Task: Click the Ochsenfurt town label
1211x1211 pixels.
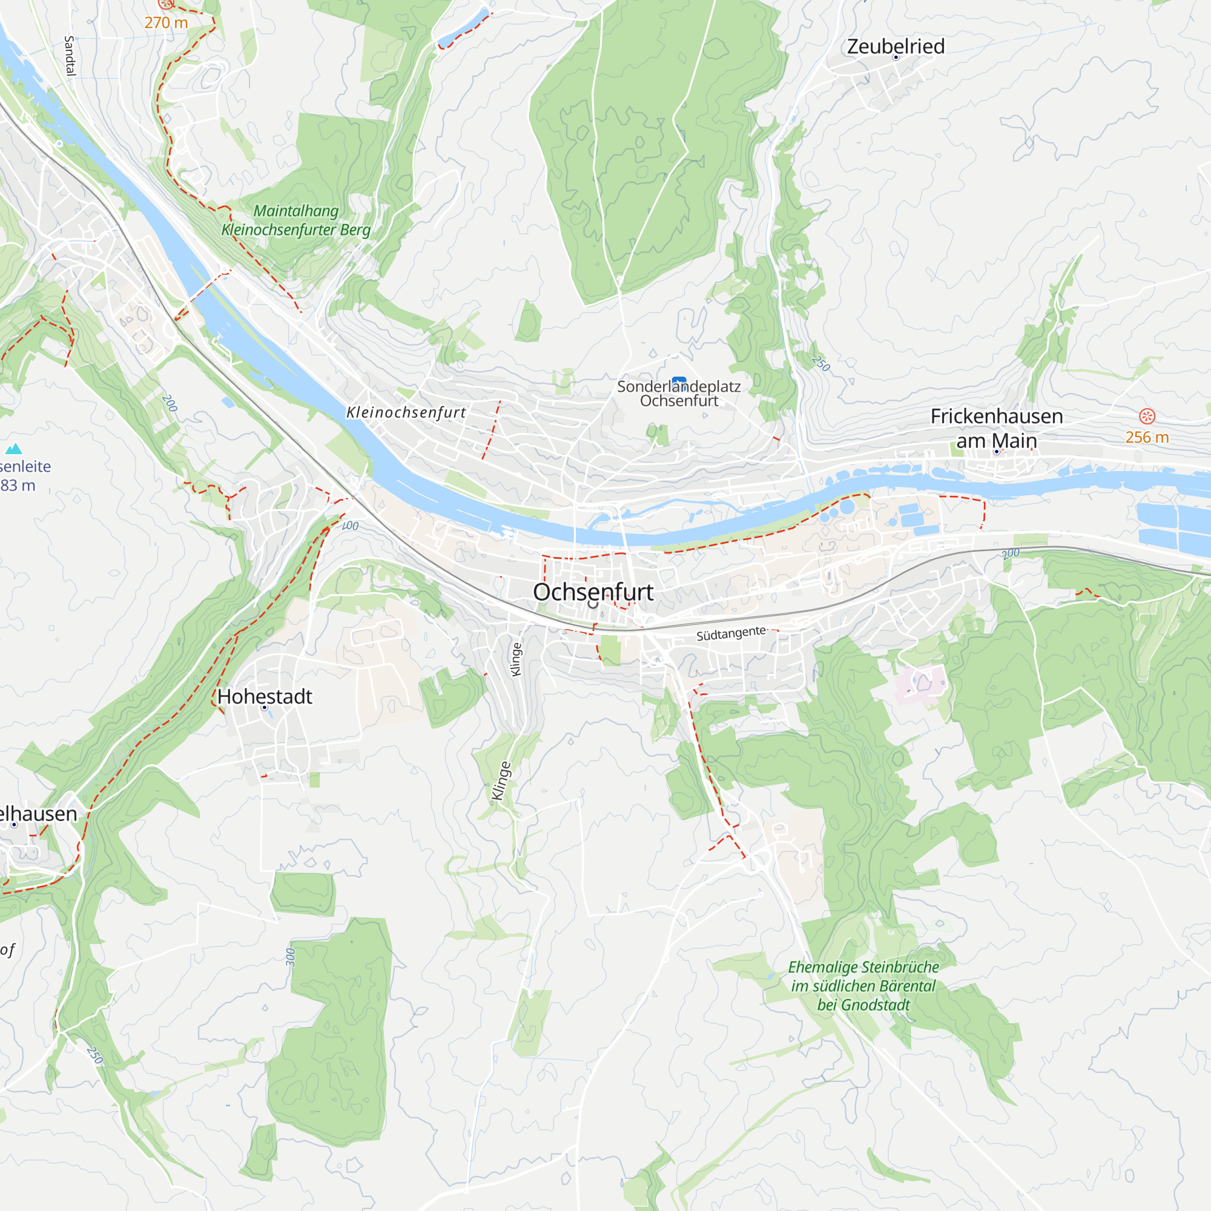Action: coord(593,592)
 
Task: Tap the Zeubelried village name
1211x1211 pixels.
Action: coord(896,47)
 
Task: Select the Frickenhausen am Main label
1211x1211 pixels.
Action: coord(996,428)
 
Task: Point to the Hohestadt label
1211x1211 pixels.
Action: coord(265,696)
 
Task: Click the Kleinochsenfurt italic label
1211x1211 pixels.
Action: coord(406,412)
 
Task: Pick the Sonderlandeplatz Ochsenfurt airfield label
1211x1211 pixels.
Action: coord(679,394)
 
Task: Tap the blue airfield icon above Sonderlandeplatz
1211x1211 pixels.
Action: coord(679,380)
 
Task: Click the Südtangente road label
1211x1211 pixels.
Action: coord(731,633)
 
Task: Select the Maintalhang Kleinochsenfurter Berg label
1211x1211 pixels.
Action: coord(296,220)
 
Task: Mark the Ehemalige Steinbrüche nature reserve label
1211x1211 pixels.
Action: coord(863,986)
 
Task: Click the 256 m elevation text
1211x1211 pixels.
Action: coord(1146,438)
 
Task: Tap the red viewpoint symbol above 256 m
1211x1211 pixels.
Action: coord(1146,416)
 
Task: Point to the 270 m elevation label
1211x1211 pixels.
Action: coord(166,22)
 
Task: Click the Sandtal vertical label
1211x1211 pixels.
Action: coord(70,56)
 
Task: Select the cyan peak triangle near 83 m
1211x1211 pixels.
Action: coord(14,449)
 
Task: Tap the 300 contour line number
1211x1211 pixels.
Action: coord(290,957)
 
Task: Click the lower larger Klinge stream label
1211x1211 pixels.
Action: coord(500,782)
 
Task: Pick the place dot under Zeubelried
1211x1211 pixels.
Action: coord(896,58)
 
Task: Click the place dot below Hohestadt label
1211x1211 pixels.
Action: coord(265,708)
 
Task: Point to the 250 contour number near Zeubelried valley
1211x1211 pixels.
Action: coord(820,363)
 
